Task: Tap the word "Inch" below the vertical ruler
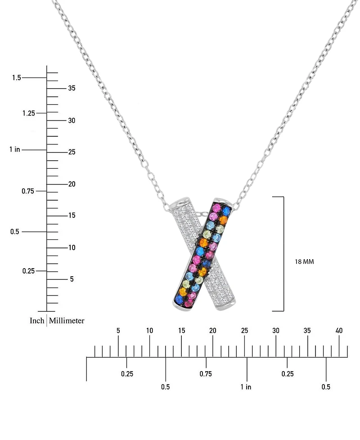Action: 37,321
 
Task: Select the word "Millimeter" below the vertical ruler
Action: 67,321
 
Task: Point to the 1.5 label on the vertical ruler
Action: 17,78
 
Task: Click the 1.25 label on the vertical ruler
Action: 28,113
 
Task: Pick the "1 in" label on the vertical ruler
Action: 14,149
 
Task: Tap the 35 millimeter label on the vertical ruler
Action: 71,88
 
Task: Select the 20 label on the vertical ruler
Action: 71,184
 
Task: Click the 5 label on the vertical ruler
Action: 71,279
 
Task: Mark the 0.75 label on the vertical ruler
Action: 28,191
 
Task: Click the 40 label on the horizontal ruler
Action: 339,331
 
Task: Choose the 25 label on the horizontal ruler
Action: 244,331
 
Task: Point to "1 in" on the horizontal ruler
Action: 246,387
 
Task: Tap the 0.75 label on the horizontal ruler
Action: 206,374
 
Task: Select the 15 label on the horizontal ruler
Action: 181,331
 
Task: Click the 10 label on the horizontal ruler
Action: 149,331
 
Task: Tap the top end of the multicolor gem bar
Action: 222,203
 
